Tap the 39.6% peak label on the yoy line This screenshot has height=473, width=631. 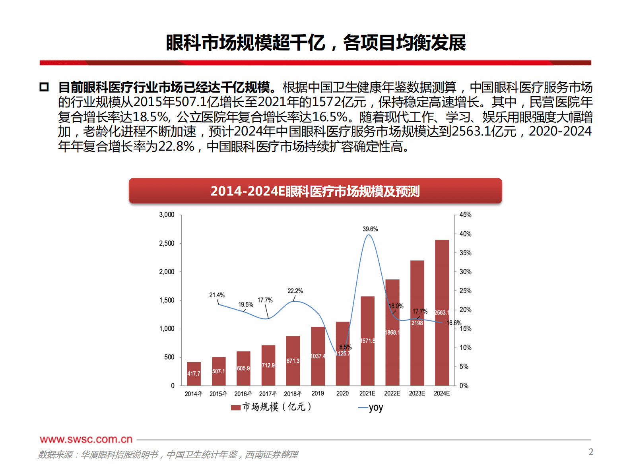pos(370,229)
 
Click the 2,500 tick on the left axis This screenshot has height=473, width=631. pos(167,243)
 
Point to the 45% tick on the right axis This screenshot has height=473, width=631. pos(465,215)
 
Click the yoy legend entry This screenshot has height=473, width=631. pos(371,407)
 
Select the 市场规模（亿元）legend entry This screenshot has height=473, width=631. pos(272,407)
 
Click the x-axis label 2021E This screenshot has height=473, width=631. pos(367,393)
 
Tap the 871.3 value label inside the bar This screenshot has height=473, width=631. pos(293,361)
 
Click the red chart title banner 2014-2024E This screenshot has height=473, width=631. pos(315,191)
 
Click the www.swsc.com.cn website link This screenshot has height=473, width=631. pos(86,439)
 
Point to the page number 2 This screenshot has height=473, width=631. pos(591,452)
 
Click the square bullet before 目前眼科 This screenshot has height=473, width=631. pos(44,87)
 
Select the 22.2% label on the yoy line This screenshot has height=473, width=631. pos(295,291)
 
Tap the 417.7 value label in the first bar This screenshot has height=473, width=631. pos(194,374)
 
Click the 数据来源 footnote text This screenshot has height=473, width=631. pos(167,454)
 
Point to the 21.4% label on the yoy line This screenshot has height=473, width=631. pos(217,295)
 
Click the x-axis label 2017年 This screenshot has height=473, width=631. pos(268,394)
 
